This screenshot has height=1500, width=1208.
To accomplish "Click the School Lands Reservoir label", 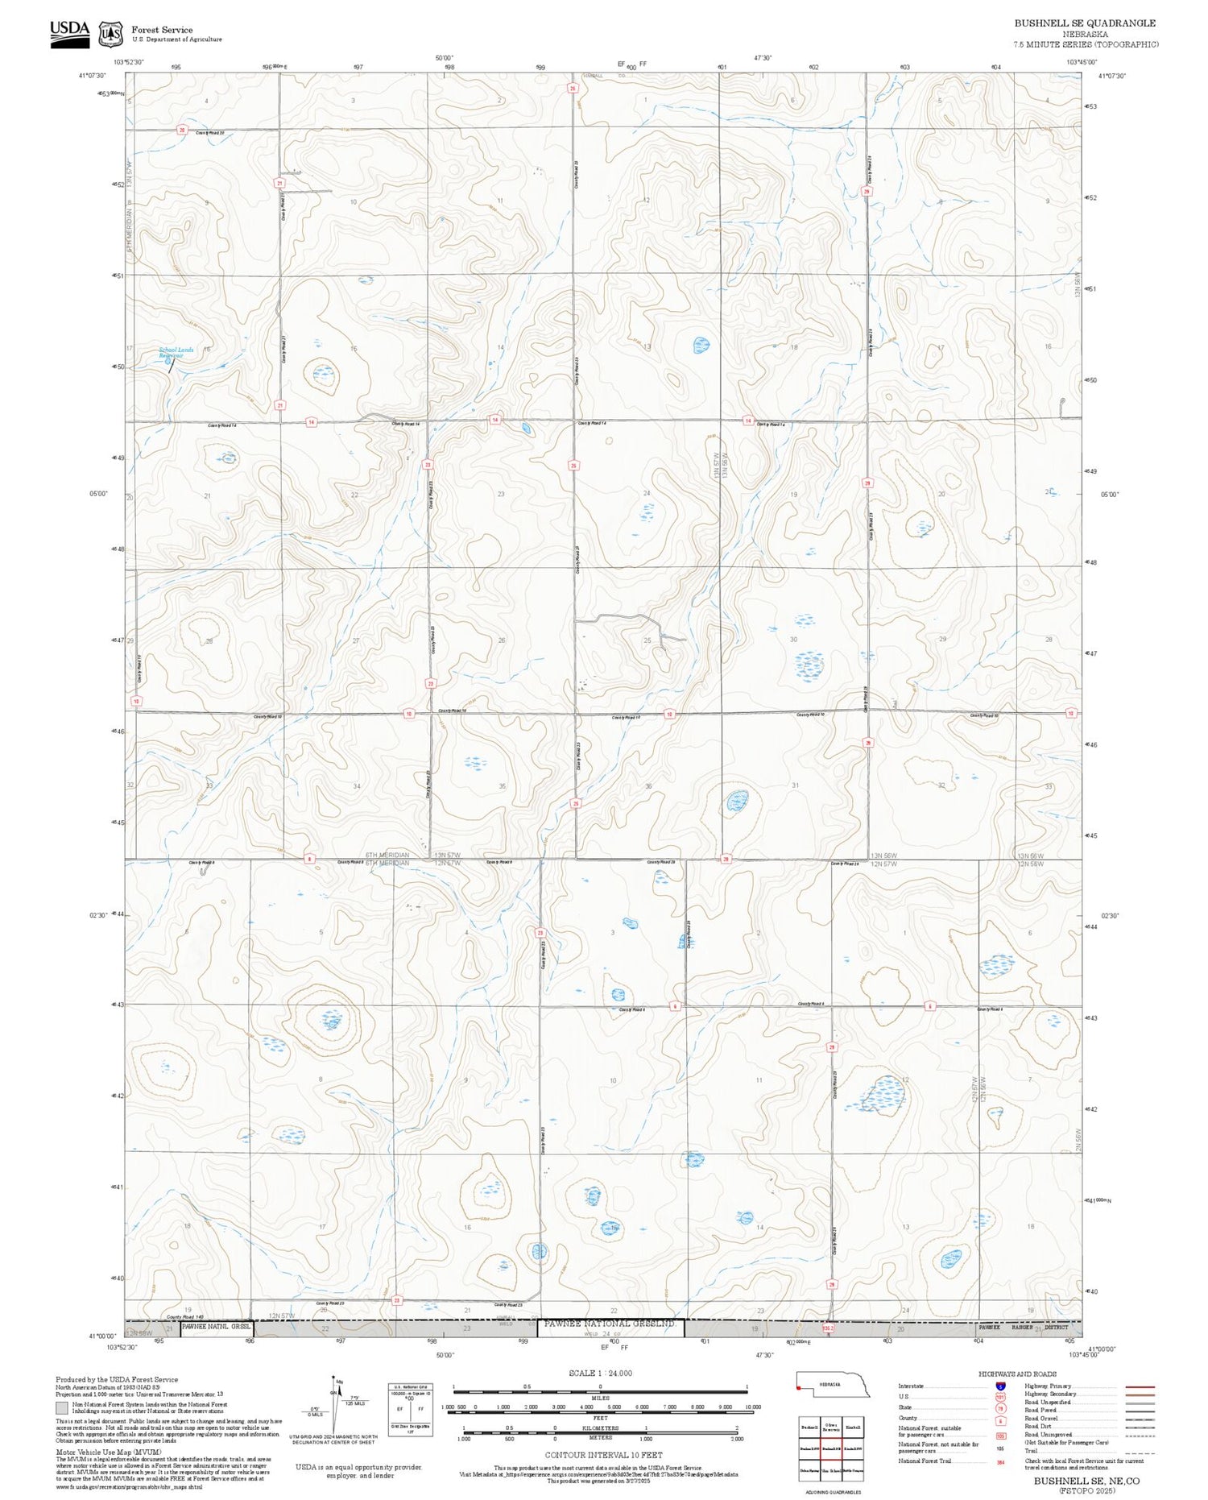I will click(176, 352).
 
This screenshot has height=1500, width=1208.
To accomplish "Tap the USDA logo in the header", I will click(69, 33).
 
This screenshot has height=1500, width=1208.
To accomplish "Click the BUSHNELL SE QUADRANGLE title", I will click(1084, 23).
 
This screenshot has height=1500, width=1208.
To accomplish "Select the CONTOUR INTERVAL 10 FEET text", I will click(603, 1455).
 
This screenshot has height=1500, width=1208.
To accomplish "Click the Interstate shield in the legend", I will click(1000, 1386).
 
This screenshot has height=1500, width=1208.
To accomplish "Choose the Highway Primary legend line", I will click(1137, 1386).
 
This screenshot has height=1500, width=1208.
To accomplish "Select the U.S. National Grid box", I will click(410, 1407).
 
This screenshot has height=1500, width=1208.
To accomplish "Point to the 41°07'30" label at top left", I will click(92, 76).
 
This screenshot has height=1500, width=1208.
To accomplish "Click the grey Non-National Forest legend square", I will click(62, 1407).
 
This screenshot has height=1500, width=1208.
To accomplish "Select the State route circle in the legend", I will click(1000, 1408).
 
